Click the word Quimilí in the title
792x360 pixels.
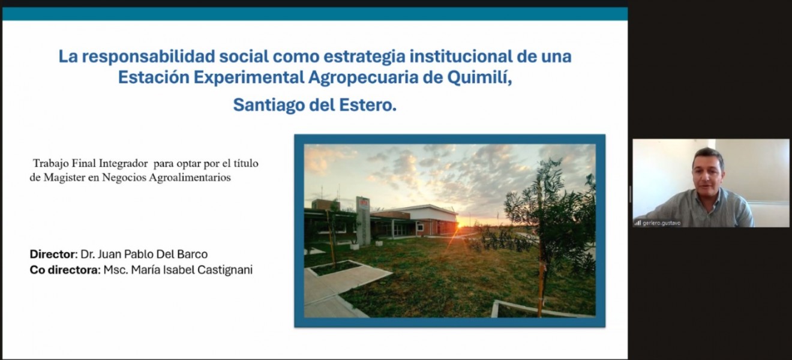tap(479, 77)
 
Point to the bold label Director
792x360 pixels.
tap(53, 254)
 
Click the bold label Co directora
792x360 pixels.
tap(64, 270)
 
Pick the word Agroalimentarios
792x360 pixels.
tap(190, 178)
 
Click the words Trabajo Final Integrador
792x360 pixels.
tap(90, 163)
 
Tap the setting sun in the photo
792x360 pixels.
tap(460, 224)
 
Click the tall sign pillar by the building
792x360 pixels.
tap(362, 221)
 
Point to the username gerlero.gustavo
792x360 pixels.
tap(662, 223)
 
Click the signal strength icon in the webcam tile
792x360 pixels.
tap(637, 223)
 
